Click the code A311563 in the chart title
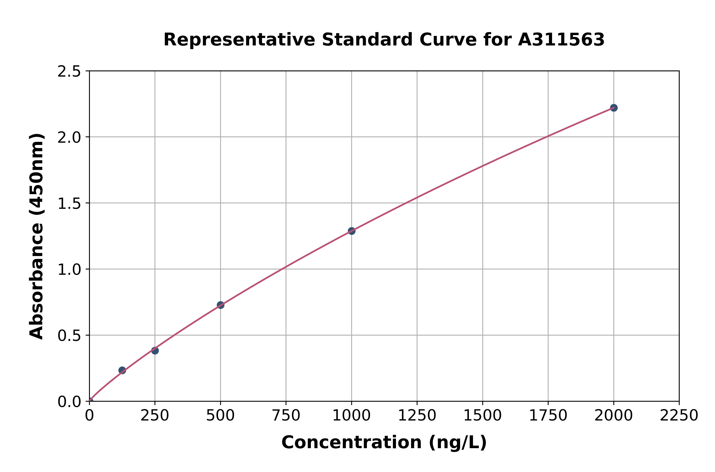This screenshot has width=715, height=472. click(561, 40)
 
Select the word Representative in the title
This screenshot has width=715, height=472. click(239, 40)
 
